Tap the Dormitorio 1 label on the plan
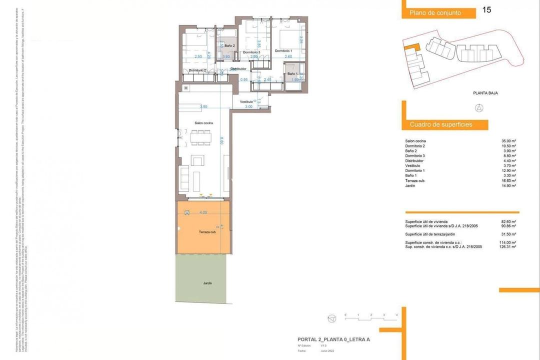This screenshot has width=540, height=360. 283,51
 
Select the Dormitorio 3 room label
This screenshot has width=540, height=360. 251,52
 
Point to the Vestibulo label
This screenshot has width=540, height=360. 246,101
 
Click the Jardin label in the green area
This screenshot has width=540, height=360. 207,283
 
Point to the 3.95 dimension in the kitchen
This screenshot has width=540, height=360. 203,106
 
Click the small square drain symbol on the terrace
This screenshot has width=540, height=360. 187,212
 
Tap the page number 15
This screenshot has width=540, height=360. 486,10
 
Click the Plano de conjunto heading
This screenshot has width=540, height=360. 434,13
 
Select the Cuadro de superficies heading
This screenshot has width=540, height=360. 441,124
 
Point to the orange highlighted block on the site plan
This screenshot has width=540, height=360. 411,47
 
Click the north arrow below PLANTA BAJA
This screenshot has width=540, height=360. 478,108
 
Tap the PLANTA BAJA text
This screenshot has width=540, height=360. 485,93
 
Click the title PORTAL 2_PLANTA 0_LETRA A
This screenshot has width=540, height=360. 333,340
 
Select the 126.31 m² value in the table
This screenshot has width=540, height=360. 508,246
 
